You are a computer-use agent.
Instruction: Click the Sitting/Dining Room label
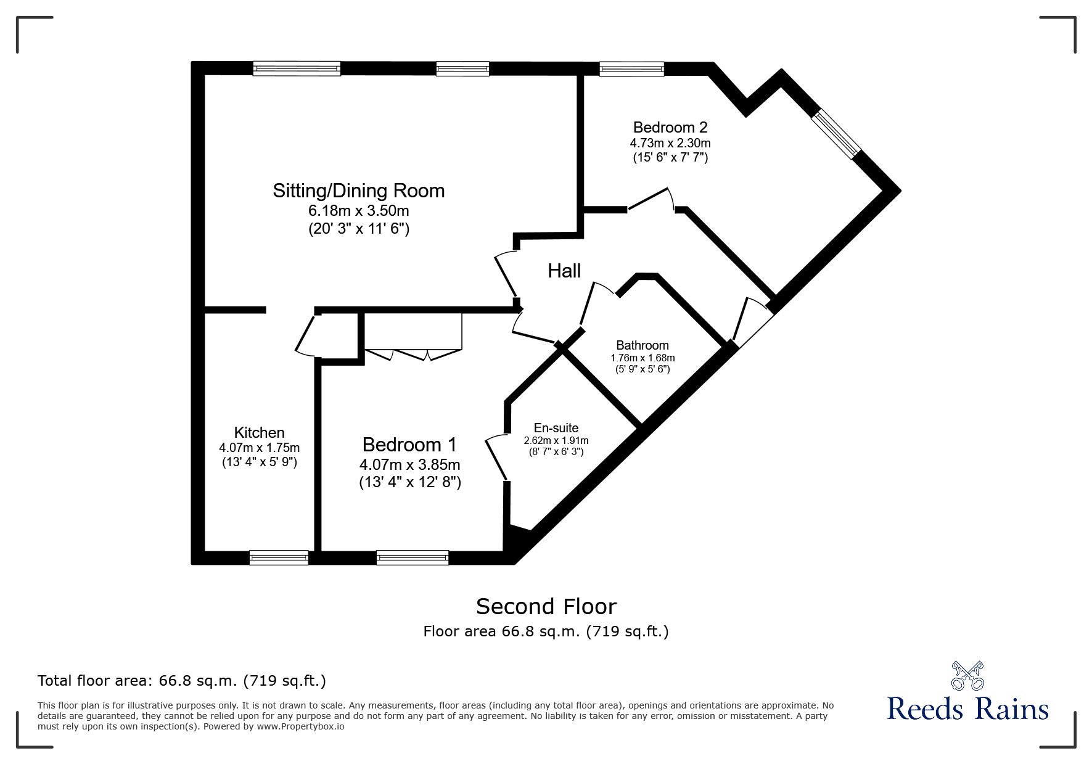358,191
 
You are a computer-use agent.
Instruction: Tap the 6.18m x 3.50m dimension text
358,210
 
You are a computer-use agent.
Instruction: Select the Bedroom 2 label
670,128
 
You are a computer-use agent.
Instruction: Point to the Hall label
564,271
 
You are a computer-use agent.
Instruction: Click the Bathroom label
642,345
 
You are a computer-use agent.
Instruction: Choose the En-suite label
556,428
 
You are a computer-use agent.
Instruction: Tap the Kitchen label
259,433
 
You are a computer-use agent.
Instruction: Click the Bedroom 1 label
409,445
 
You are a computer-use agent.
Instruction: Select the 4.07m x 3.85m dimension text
409,464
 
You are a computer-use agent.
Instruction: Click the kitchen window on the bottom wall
279,557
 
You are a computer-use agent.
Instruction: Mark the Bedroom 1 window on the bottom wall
412,557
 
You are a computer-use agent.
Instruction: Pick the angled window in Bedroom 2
836,134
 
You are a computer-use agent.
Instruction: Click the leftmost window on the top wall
297,68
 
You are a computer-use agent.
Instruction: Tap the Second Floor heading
546,607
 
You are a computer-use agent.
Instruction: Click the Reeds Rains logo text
967,709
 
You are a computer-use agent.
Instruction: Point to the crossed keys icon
967,675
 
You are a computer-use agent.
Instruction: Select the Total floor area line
182,681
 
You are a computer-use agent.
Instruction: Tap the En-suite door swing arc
495,457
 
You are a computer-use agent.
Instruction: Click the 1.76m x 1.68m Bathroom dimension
642,358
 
